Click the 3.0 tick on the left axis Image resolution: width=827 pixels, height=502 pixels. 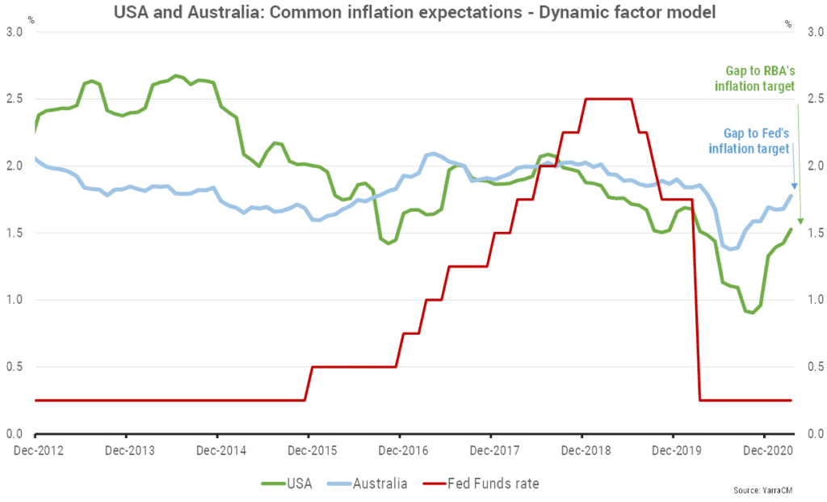coord(15,32)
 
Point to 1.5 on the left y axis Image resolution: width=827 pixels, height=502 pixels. coord(15,233)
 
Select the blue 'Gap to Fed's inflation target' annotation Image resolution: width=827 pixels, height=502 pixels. coord(749,141)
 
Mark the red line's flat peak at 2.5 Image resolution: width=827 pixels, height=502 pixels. coord(607,99)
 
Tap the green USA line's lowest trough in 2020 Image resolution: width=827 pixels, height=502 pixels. coord(752,312)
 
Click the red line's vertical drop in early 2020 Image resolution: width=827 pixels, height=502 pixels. coord(696,323)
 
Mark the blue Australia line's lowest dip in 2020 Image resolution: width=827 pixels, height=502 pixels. coord(732,249)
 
